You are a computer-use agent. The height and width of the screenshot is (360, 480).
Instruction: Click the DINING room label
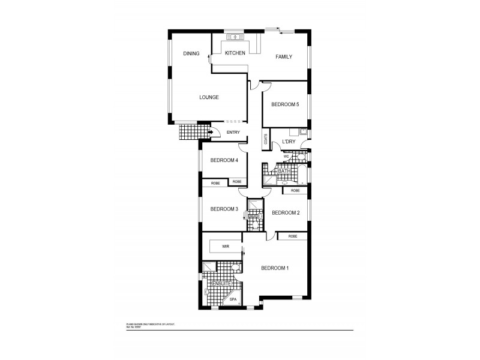point(191,54)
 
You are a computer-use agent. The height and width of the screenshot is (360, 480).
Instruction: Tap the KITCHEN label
point(235,53)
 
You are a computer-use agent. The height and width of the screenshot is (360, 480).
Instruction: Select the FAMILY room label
point(284,57)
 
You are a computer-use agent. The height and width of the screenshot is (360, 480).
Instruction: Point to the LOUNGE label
point(209,97)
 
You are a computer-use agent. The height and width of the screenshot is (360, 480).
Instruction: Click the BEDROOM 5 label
point(285,104)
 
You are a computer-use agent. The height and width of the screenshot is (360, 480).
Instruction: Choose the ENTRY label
point(233,133)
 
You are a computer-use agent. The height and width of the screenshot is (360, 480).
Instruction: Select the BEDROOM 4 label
point(224,160)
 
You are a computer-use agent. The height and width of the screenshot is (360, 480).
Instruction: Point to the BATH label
point(284,172)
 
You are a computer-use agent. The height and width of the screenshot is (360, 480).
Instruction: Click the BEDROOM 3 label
point(224,209)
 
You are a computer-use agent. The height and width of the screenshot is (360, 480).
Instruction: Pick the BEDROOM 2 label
point(285,212)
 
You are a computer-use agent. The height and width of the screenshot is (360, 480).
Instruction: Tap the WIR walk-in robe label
point(226,246)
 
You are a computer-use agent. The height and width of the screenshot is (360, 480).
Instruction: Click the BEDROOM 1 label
point(275,268)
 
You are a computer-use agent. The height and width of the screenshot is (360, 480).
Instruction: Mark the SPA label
point(233,299)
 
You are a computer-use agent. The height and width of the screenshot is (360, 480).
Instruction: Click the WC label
point(286,157)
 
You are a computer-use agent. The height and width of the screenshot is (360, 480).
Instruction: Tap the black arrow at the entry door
point(211,132)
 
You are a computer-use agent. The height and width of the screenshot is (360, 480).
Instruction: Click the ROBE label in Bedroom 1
point(292,236)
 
